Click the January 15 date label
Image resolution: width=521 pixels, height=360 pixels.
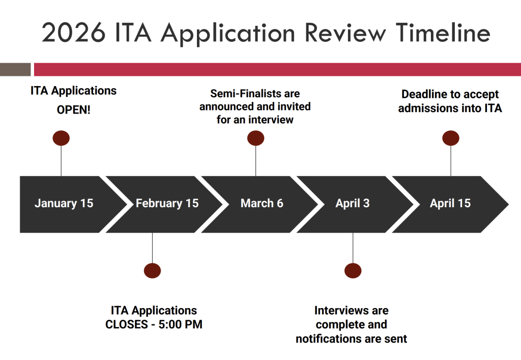click(64, 204)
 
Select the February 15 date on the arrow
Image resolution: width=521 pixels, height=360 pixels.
click(167, 204)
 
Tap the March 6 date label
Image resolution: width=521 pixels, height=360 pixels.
click(262, 204)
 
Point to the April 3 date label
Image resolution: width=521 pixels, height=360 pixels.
click(352, 204)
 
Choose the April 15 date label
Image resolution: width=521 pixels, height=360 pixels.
click(450, 204)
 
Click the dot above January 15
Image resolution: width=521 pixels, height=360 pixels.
click(61, 138)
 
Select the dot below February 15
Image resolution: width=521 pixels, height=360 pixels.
click(152, 270)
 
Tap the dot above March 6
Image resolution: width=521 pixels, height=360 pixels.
click(255, 138)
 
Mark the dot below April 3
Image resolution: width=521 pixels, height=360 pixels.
click(353, 270)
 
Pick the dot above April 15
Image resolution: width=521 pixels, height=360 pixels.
click(451, 138)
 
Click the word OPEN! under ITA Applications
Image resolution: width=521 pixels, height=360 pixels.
click(73, 109)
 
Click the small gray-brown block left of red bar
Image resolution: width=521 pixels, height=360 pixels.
click(15, 69)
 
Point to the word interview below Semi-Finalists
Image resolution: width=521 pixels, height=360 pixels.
click(272, 120)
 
